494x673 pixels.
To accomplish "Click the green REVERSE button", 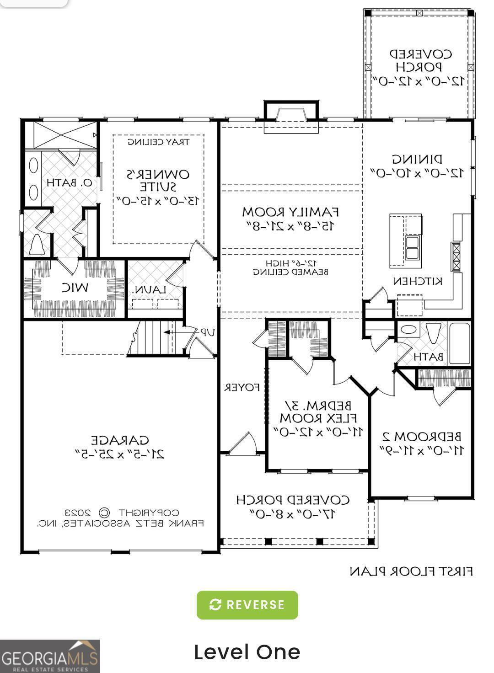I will point(247,605).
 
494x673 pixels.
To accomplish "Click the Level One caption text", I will point(247,652).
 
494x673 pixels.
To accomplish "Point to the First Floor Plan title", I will point(411,571).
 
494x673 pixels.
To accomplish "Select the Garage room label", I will point(120,440).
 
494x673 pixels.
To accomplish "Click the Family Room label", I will point(290,212).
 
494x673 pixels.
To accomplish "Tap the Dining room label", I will point(417,160).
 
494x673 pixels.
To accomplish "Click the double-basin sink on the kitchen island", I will point(413,247).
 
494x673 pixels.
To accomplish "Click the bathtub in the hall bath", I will point(460,343).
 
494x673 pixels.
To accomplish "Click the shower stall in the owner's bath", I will point(60,134).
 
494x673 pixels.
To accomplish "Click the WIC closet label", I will point(75,288).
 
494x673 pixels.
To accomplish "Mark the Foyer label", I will point(242,388).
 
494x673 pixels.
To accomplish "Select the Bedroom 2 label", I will point(422,436).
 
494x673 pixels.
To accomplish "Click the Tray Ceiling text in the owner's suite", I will point(158,142).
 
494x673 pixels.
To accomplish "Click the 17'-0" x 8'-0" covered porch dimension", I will point(293,514).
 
